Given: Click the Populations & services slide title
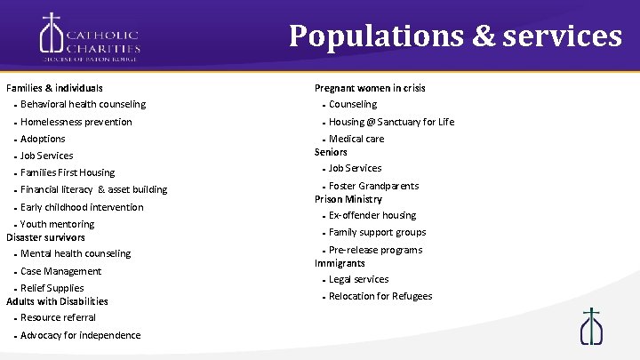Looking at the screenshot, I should pos(455,36).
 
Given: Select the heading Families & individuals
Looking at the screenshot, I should pos(54,88).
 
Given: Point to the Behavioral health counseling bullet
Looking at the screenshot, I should pos(83,105).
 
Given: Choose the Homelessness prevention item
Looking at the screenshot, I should pos(76,122).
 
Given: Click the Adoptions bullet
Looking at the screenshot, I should pos(43,139).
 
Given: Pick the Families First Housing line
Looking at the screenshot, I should pos(68,172).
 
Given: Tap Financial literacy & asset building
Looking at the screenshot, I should pos(93,189).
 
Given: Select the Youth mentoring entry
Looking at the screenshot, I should pos(57,224).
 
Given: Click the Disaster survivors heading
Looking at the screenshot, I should pos(45,237).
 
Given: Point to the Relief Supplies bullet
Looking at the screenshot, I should pos(52,288).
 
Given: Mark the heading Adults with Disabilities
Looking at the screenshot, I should pos(57,301).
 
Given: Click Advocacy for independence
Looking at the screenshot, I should pos(80,335).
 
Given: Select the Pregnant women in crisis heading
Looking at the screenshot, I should pos(370,88).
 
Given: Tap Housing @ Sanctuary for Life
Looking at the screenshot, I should pos(391,122).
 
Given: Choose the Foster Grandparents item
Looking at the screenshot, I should pos(373,186).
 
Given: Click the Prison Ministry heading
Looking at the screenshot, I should pos(348,199).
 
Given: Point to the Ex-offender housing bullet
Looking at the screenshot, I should pos(372,215).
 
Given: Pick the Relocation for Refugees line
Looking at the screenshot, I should pos(380,296).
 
